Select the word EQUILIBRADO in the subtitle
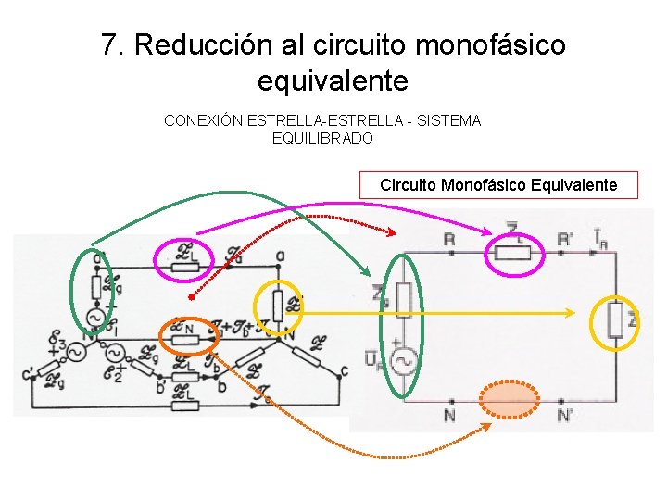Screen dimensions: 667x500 pos(322,139)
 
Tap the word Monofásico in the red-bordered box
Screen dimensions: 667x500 pos(483,185)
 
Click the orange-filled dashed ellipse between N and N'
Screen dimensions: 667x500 pos(510,400)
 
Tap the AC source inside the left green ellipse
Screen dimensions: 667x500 pos(94,318)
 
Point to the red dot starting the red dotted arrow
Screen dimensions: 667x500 pos(191,297)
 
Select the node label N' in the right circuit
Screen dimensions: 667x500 pos(565,416)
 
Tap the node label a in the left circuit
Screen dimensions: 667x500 pos(280,255)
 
